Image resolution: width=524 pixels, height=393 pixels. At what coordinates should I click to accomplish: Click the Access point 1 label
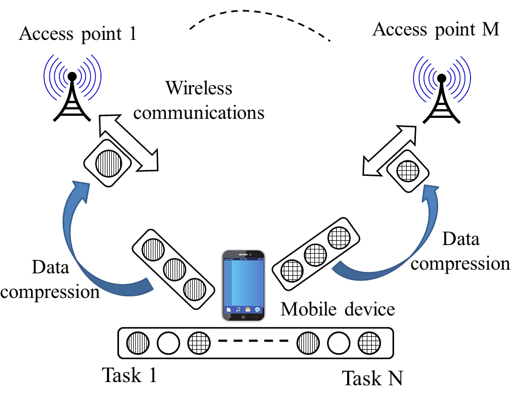[78, 34]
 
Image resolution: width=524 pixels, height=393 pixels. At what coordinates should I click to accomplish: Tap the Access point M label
[436, 29]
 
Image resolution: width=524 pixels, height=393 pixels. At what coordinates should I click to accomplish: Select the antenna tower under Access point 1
[72, 88]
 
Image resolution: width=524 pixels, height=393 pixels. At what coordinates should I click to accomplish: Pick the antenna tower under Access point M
[442, 90]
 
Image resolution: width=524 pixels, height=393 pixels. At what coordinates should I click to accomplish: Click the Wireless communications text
[199, 100]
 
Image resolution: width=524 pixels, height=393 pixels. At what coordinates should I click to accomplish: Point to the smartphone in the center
[243, 285]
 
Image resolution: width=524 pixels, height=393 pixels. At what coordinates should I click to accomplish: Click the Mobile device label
[337, 309]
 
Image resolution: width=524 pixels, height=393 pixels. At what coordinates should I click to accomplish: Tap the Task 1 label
[129, 375]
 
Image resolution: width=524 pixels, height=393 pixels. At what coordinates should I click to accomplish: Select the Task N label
[373, 378]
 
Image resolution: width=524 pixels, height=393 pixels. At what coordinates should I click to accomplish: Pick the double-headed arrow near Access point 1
[129, 143]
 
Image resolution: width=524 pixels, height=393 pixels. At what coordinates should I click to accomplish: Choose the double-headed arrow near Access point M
[390, 151]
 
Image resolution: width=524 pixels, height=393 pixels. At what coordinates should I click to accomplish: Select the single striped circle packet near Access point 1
[109, 163]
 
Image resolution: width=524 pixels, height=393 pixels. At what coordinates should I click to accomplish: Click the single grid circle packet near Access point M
[408, 171]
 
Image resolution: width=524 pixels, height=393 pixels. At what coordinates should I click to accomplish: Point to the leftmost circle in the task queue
[138, 343]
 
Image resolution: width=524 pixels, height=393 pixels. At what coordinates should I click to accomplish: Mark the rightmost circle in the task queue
[370, 343]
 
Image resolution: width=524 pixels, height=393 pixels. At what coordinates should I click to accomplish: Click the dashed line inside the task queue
[253, 341]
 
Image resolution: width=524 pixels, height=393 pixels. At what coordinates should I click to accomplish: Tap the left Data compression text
[50, 279]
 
